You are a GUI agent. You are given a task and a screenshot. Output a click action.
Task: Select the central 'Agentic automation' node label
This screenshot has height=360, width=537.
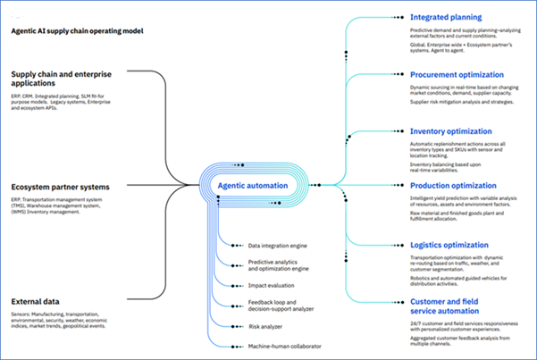tap(253, 186)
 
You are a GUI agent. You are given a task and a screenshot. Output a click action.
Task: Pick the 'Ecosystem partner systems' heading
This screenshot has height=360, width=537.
tap(60, 188)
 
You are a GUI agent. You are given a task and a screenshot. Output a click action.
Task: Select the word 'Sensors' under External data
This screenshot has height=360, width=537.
tap(23, 315)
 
